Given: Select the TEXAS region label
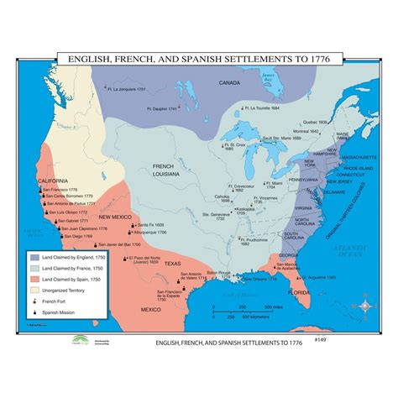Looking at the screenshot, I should (171, 264).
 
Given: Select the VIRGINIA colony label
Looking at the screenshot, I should (305, 207).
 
